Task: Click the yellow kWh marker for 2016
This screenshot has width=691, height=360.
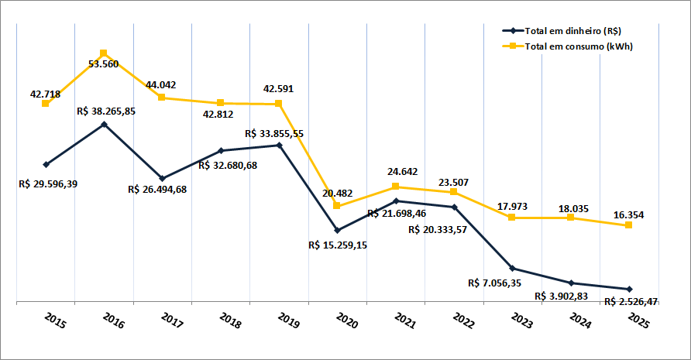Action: [104, 53]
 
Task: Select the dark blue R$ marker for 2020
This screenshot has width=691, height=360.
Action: [337, 231]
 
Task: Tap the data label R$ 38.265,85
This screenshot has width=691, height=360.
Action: [107, 111]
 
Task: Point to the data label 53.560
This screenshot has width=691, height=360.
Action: [103, 64]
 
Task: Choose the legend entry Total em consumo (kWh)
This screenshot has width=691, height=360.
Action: [577, 47]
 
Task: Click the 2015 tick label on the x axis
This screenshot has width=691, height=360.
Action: [57, 321]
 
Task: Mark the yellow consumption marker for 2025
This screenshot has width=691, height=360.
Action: [628, 225]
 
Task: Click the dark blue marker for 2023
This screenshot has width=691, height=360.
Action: [512, 269]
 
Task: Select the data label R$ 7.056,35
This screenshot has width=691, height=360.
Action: [495, 283]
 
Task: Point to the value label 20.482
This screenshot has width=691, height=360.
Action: [338, 192]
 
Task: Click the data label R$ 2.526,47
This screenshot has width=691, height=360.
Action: [631, 301]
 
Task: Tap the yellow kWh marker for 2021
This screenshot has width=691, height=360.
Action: [395, 187]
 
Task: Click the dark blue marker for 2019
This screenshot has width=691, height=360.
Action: [279, 145]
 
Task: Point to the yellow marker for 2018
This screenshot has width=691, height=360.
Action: [221, 103]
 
